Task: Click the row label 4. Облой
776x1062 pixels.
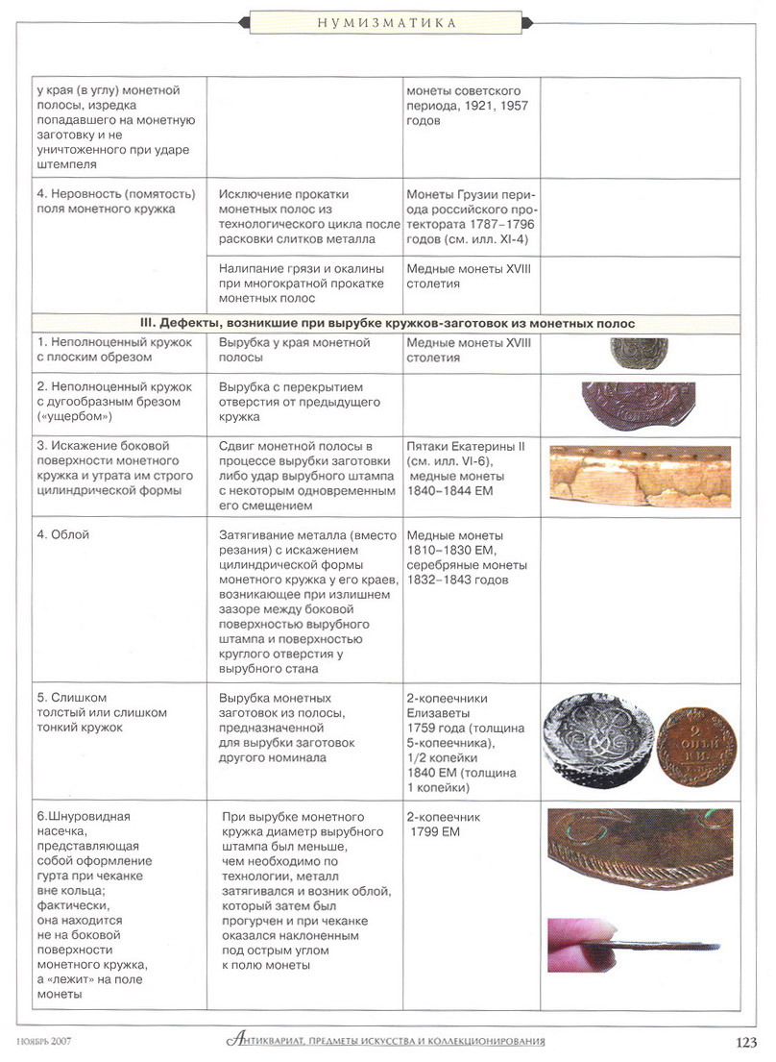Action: click(x=63, y=535)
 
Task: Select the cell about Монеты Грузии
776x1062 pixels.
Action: click(x=470, y=215)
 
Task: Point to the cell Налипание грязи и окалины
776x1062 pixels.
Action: click(x=302, y=284)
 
